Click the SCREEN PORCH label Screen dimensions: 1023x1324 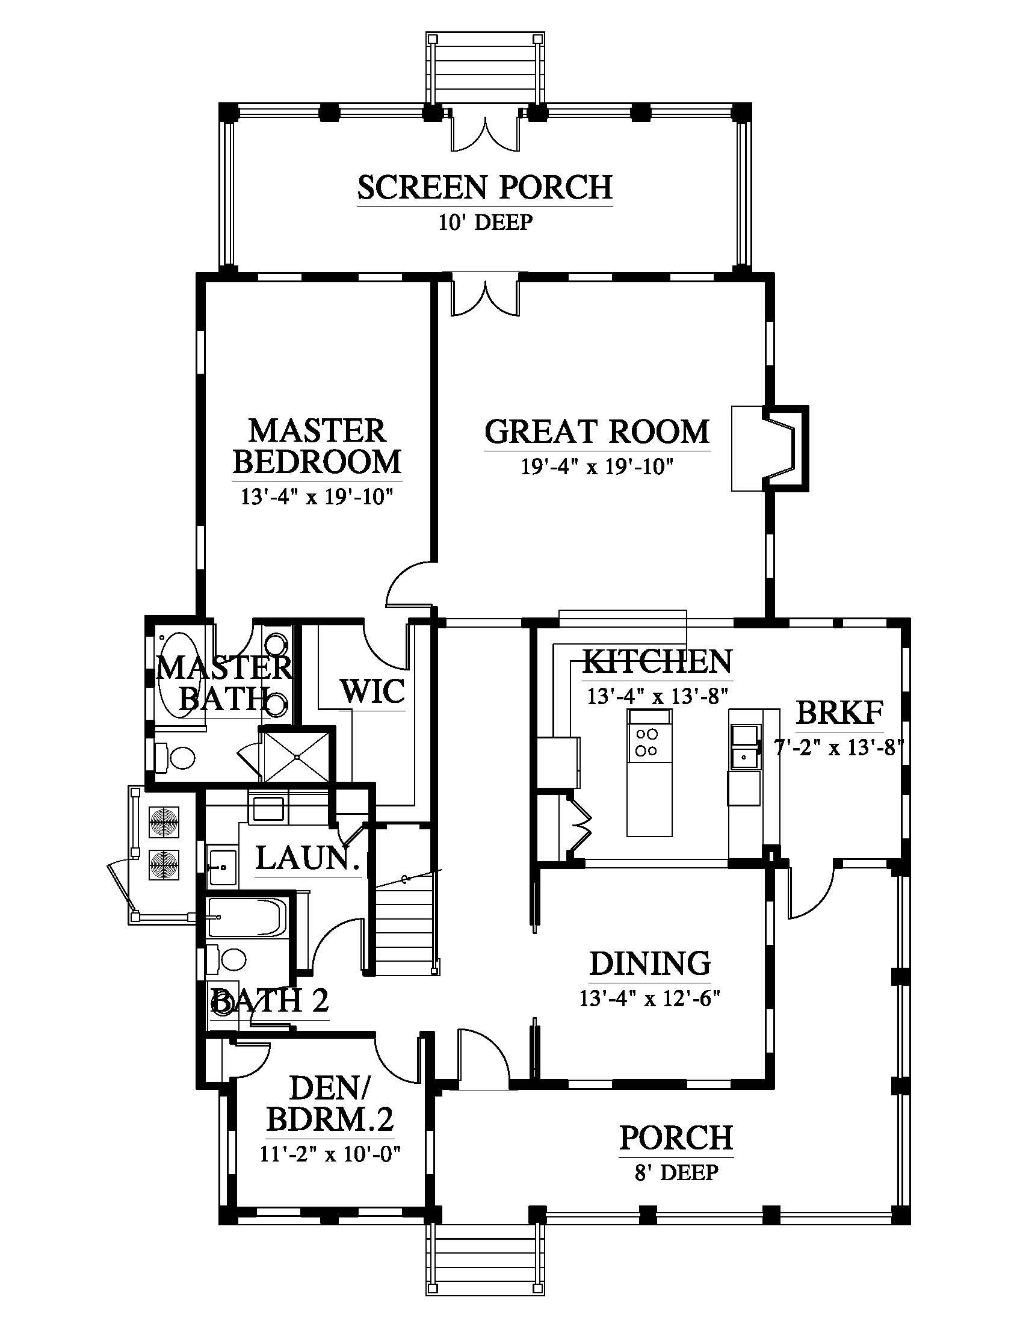[484, 187]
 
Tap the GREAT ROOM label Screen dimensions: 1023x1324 [597, 432]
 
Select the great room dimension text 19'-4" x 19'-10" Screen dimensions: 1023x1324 [597, 466]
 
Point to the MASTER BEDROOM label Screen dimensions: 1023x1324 [317, 446]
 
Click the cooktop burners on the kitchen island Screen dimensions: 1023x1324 [647, 742]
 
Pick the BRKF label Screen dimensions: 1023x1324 [839, 713]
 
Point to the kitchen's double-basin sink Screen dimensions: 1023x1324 [744, 746]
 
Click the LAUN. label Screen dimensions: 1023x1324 [308, 858]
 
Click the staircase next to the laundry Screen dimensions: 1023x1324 [404, 927]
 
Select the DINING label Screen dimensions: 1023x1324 [651, 964]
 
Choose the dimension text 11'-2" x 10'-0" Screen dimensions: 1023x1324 [331, 1153]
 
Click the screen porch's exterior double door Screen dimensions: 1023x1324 [486, 129]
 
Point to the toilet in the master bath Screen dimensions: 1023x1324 [175, 757]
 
